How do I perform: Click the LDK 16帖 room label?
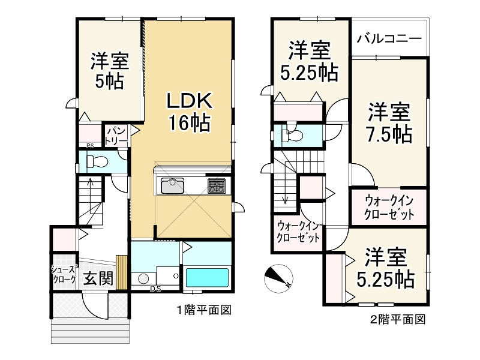click(x=188, y=112)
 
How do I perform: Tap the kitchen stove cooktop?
click(x=216, y=185)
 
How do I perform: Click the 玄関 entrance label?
click(x=97, y=279)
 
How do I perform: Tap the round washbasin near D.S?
click(x=143, y=280)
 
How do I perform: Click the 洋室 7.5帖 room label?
click(x=389, y=123)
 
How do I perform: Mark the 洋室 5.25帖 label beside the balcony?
click(x=310, y=61)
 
